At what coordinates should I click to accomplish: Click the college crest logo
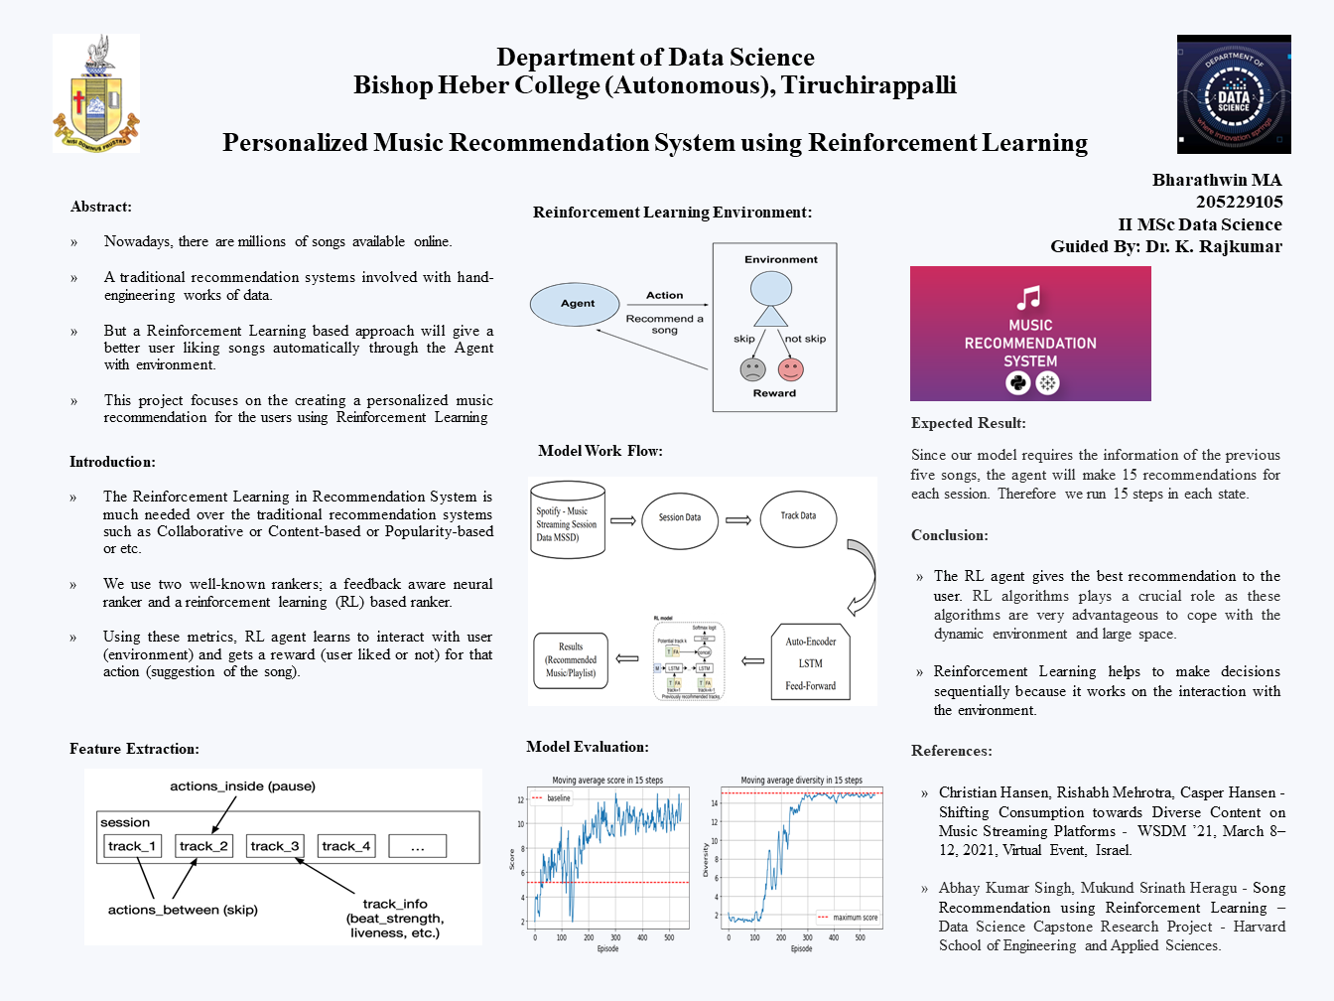96,94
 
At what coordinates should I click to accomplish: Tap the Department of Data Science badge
1234,94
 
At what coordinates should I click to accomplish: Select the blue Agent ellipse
578,304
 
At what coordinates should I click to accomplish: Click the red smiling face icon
791,369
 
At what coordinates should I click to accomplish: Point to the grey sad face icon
752,369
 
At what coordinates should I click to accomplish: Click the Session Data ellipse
680,517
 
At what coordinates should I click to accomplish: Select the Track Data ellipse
798,516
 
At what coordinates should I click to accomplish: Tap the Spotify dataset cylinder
568,523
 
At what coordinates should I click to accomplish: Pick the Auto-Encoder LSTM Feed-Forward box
810,662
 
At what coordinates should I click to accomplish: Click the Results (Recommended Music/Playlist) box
571,659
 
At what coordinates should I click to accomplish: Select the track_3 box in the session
275,846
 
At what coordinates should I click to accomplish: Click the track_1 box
132,846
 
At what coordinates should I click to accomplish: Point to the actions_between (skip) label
183,910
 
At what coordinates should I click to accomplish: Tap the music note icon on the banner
1029,298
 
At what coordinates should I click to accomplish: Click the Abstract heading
101,207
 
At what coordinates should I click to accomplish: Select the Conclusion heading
950,535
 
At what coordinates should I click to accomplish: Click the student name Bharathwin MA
1217,180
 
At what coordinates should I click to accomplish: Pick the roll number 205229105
1239,202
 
